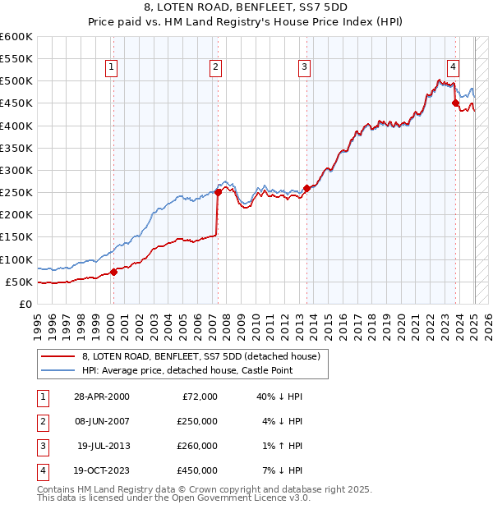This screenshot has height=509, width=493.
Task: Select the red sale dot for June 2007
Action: click(219, 193)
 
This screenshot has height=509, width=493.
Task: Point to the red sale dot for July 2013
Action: click(306, 188)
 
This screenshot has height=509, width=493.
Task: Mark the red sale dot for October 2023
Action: click(455, 103)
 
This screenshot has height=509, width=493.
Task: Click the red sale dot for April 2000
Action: click(114, 273)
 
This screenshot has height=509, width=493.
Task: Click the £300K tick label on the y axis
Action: click(16, 170)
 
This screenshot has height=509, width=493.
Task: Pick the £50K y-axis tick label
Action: click(19, 282)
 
